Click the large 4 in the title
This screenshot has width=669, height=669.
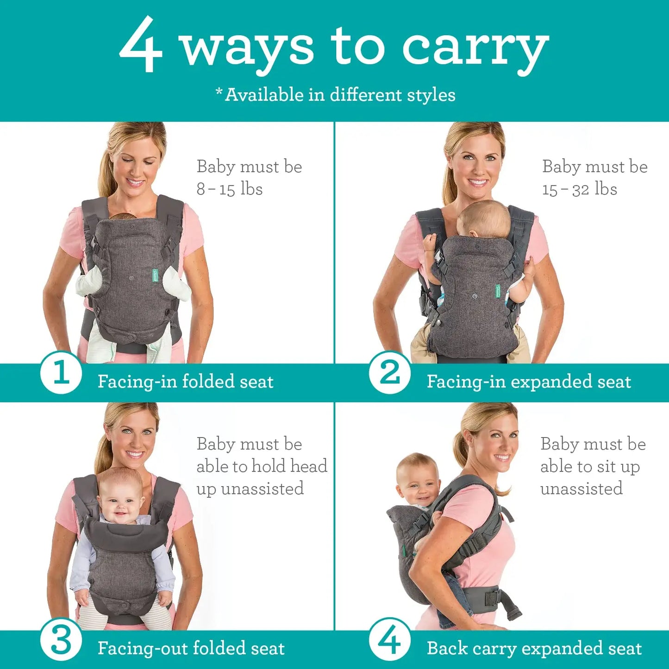coord(141,45)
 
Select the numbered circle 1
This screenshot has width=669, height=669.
coord(61,373)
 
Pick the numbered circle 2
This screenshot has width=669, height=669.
coord(390,373)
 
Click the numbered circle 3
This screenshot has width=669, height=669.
coord(61,641)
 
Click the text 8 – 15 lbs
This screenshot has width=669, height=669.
coord(230,189)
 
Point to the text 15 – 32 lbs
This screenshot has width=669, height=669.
coord(580,189)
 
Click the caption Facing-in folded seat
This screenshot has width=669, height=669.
coord(185,382)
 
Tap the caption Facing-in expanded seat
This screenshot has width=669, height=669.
coord(529,382)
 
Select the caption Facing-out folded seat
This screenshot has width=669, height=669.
coord(191,648)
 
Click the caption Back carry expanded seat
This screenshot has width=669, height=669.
coord(534,648)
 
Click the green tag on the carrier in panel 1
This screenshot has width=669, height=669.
coord(155,276)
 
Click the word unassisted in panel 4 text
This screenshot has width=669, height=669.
coord(581,489)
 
